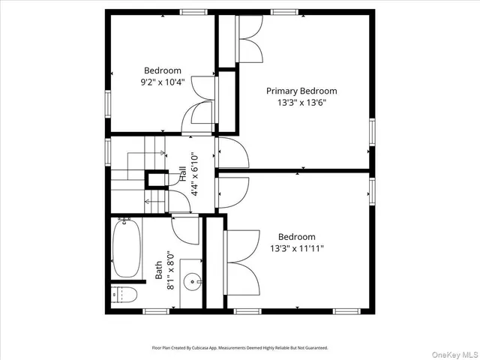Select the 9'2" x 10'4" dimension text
[163, 82]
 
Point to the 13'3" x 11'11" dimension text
[297, 247]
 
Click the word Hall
[182, 175]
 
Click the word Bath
[159, 270]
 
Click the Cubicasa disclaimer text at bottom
[239, 348]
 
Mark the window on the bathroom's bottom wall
[155, 310]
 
